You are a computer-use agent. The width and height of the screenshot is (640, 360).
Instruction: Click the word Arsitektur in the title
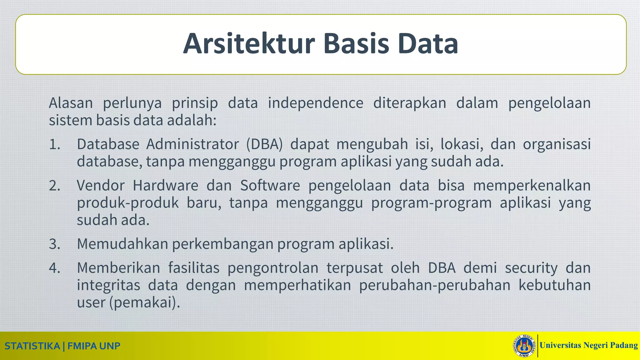point(248,44)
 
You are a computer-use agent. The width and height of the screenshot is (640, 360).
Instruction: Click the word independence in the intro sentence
point(315,103)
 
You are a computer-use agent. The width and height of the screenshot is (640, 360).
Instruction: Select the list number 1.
point(55,144)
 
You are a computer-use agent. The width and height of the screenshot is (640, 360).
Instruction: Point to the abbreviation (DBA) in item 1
point(264,144)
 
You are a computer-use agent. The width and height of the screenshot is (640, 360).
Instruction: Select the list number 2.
point(55,186)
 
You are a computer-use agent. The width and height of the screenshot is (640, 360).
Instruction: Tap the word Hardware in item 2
point(165,186)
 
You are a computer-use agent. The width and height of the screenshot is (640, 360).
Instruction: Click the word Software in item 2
point(270,186)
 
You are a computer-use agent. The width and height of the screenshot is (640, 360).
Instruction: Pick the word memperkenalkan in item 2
point(532,186)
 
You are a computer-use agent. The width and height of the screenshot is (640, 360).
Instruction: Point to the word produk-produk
point(127,203)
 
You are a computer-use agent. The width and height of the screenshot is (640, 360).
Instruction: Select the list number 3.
point(55,244)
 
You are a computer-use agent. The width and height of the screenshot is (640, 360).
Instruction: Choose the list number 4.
point(55,268)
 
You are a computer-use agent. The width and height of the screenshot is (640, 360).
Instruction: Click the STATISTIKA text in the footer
point(32,346)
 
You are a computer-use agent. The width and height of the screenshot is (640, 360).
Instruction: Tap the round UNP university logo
point(524,346)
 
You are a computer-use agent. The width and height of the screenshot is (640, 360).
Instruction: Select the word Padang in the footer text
point(624,345)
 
